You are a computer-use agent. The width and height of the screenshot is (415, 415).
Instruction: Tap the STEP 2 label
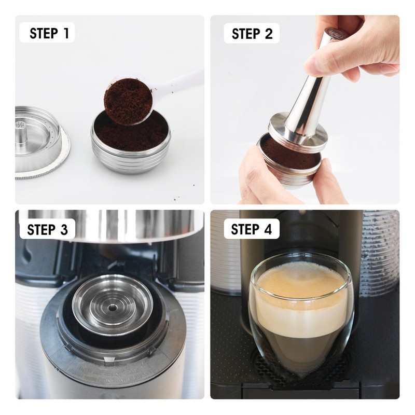252,34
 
